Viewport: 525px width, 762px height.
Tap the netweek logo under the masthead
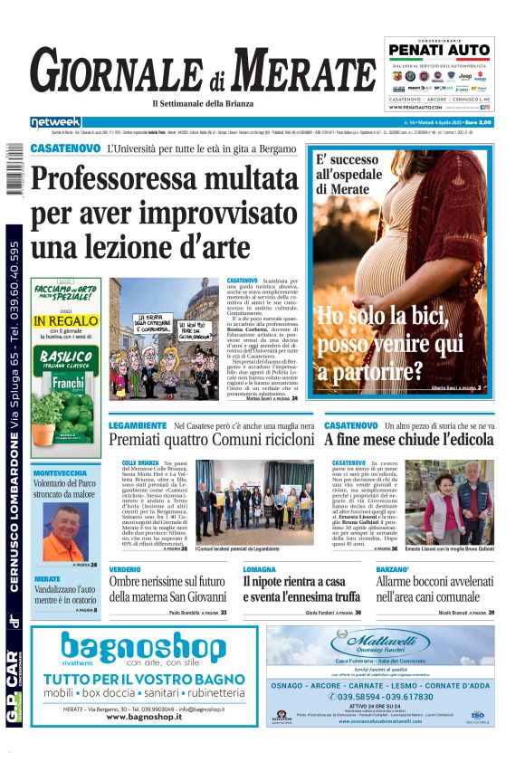click(55, 121)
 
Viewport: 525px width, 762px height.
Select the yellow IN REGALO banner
click(66, 320)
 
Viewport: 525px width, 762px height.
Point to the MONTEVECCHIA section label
click(61, 473)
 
